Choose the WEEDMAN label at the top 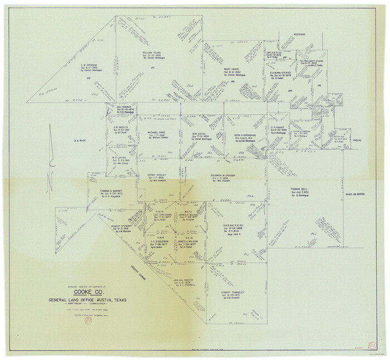coord(300,35)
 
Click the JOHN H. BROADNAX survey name coord(245,135)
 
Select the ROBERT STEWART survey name coord(124,211)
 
